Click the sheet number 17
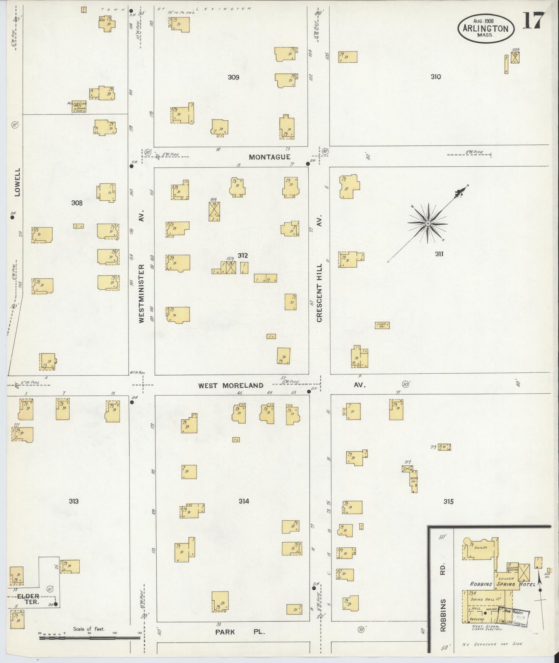click(x=534, y=21)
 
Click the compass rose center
click(x=428, y=224)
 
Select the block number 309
click(x=233, y=77)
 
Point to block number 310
click(x=436, y=77)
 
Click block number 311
click(x=439, y=254)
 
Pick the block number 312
click(x=243, y=255)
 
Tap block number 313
click(x=74, y=501)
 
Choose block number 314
click(x=244, y=501)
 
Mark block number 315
click(x=448, y=502)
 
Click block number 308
click(x=77, y=202)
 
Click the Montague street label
click(x=269, y=157)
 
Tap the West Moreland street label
click(x=231, y=386)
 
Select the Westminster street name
click(x=142, y=293)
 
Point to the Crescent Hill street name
click(x=319, y=293)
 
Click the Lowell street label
click(x=17, y=182)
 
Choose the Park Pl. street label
click(x=240, y=632)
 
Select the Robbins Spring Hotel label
click(x=502, y=584)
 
